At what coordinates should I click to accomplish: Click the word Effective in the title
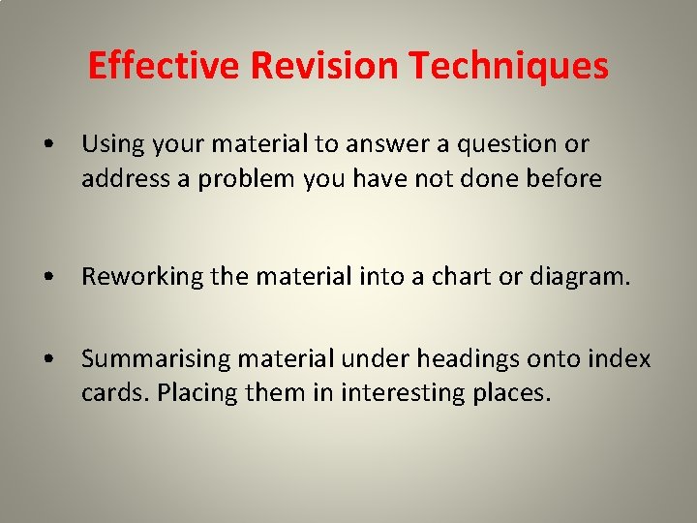tap(164, 66)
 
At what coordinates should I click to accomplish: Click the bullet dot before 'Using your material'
tap(48, 145)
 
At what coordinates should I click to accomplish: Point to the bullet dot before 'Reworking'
tap(48, 278)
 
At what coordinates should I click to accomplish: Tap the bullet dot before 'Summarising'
tap(48, 360)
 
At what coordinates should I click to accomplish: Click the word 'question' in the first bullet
tap(512, 145)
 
